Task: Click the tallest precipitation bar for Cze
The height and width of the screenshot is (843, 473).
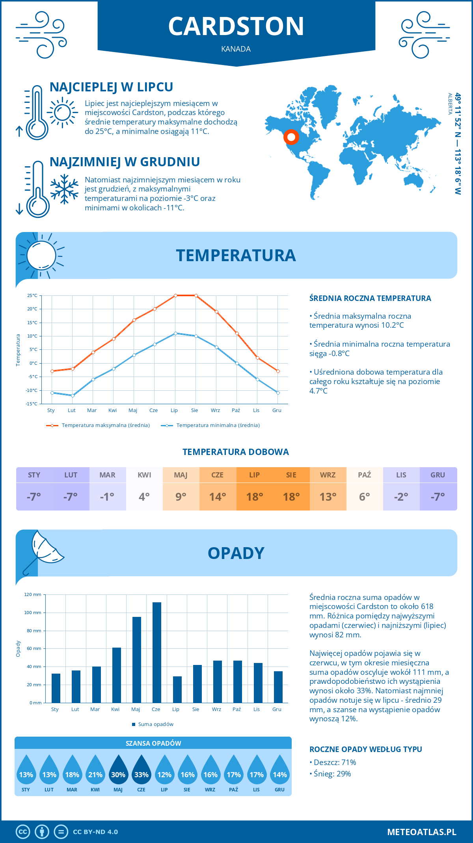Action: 156,652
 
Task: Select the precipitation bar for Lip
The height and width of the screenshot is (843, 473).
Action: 177,689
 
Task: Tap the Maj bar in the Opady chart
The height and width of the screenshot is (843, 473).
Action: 137,659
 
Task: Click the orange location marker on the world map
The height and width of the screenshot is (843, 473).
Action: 291,137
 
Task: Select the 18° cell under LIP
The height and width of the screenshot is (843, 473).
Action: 254,497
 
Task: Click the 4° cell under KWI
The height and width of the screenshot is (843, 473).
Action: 144,497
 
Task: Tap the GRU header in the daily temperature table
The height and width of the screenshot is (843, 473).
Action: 438,475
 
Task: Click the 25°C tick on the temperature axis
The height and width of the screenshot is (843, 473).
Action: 32,295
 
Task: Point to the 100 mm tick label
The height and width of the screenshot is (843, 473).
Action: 33,613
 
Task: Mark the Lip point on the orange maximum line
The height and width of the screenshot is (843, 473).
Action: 175,295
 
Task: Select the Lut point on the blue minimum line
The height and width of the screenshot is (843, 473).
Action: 73,396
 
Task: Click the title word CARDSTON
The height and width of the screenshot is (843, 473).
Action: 236,26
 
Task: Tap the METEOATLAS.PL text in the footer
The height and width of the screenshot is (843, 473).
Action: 422,832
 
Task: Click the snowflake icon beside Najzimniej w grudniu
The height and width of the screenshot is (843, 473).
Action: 64,189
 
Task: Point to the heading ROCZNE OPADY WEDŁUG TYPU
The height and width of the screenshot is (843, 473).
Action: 365,749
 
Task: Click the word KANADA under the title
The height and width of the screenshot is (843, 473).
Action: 236,49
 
